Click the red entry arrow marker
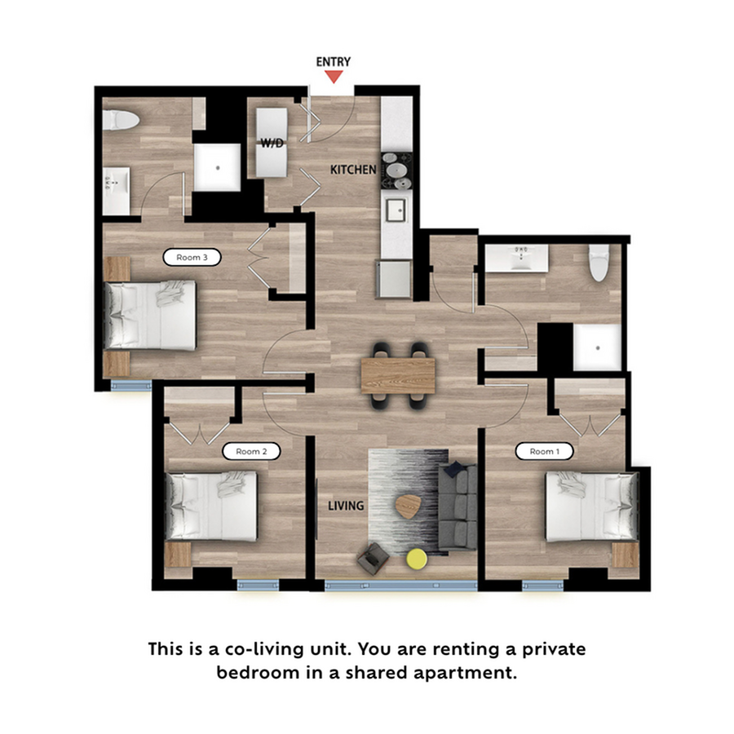333,77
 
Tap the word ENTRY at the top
333,62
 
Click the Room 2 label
247,451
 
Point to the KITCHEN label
352,170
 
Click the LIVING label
346,506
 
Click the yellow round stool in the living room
417,559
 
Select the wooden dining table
398,375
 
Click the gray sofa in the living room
458,506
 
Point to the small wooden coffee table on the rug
408,506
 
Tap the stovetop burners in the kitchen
397,170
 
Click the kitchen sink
397,210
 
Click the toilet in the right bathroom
599,263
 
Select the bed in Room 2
212,506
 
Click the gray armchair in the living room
374,558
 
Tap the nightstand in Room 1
626,555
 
